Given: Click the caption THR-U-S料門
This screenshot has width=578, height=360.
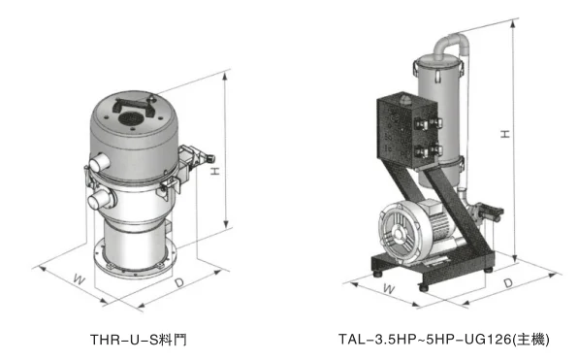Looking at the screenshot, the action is (x=139, y=340).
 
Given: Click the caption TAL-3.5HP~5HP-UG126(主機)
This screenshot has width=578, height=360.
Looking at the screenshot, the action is (x=444, y=339).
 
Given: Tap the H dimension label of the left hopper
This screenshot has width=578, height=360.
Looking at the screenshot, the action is (x=215, y=171).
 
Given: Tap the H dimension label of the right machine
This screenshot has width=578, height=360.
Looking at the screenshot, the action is (x=505, y=134).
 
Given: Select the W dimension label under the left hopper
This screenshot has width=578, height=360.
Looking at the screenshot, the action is (x=80, y=278).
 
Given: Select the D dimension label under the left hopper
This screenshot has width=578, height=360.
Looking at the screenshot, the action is (x=179, y=282).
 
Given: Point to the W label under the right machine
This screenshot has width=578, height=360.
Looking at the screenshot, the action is (x=389, y=288).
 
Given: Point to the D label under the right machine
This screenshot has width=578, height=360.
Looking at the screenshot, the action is (x=508, y=283).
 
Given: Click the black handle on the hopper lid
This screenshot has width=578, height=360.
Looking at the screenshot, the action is (x=134, y=106).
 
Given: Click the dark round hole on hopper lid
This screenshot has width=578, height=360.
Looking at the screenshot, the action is (x=130, y=118).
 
